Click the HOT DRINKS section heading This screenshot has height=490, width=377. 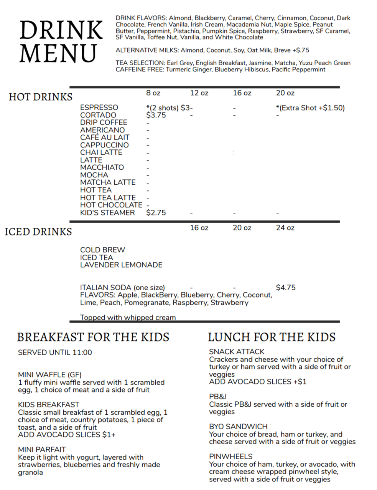(x=41, y=97)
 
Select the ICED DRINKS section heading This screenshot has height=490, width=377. (x=38, y=232)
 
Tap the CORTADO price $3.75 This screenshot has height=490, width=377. (x=156, y=115)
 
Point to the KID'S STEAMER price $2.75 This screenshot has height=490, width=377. (x=156, y=213)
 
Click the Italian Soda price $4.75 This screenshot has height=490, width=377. (x=286, y=288)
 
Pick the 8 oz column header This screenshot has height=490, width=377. (x=153, y=93)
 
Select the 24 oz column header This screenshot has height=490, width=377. (x=285, y=228)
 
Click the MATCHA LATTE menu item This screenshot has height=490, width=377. (x=108, y=182)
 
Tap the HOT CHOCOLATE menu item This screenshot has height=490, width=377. (x=111, y=205)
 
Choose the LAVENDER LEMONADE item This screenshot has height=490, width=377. (x=121, y=265)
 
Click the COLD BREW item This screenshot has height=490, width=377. (x=102, y=250)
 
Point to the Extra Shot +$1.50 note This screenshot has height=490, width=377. (x=310, y=108)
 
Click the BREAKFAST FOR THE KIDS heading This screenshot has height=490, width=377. (x=93, y=337)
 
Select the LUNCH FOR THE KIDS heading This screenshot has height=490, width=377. (x=272, y=337)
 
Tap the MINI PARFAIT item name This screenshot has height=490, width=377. (x=42, y=449)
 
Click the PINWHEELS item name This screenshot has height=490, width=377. (x=231, y=457)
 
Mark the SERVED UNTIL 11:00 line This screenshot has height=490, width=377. (x=55, y=353)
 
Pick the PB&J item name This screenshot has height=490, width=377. (x=217, y=397)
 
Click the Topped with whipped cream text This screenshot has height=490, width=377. (x=128, y=318)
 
